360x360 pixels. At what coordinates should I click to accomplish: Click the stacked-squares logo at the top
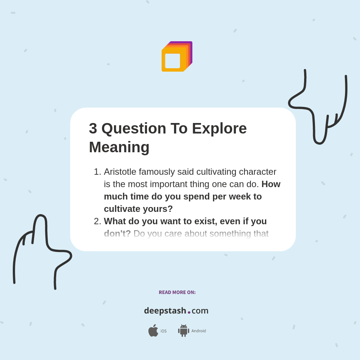pyautogui.click(x=177, y=57)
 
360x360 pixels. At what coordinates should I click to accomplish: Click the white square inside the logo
pyautogui.click(x=172, y=61)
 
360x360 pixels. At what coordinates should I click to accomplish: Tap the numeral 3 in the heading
pyautogui.click(x=93, y=129)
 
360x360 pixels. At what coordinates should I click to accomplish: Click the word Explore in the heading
pyautogui.click(x=219, y=129)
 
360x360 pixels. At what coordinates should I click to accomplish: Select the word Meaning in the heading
pyautogui.click(x=119, y=147)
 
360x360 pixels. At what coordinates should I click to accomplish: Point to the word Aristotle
pyautogui.click(x=120, y=172)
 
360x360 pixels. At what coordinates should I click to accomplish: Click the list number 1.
pyautogui.click(x=97, y=172)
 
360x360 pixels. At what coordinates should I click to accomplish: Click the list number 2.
pyautogui.click(x=97, y=221)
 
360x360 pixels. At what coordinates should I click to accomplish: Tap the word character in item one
pyautogui.click(x=258, y=172)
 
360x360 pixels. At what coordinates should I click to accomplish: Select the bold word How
pyautogui.click(x=271, y=184)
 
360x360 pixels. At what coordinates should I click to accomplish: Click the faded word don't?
pyautogui.click(x=117, y=234)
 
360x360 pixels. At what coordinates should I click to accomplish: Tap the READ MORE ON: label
pyautogui.click(x=177, y=292)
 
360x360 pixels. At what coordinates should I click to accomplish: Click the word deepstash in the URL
pyautogui.click(x=165, y=311)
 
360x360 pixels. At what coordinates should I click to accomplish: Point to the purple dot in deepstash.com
pyautogui.click(x=189, y=312)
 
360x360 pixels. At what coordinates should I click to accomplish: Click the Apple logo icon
pyautogui.click(x=153, y=331)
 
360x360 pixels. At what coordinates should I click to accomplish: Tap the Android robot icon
pyautogui.click(x=184, y=331)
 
